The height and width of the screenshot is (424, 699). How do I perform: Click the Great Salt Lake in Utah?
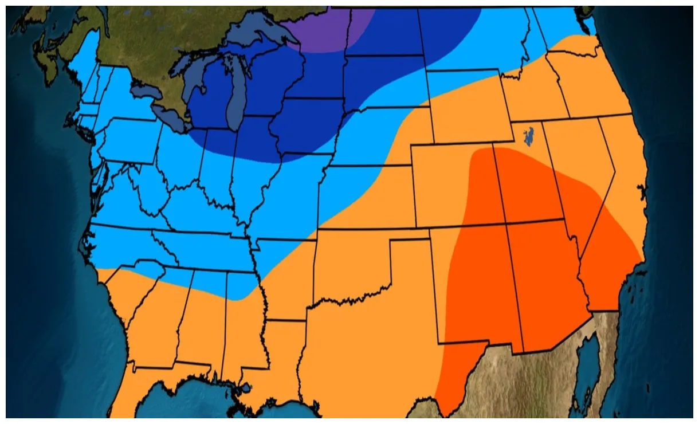click(x=528, y=135)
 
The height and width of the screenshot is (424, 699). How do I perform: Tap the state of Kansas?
click(x=367, y=198)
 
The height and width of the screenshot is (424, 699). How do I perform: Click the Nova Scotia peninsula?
click(x=46, y=57)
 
